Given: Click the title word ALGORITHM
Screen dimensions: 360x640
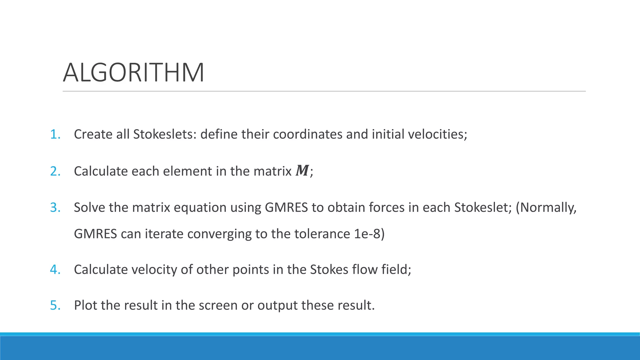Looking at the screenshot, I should (x=133, y=73).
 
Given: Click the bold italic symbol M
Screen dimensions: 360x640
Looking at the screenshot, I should (x=302, y=171).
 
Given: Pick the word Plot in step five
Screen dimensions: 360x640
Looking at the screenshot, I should (x=85, y=305).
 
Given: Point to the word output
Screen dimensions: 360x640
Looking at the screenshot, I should (x=277, y=305).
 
